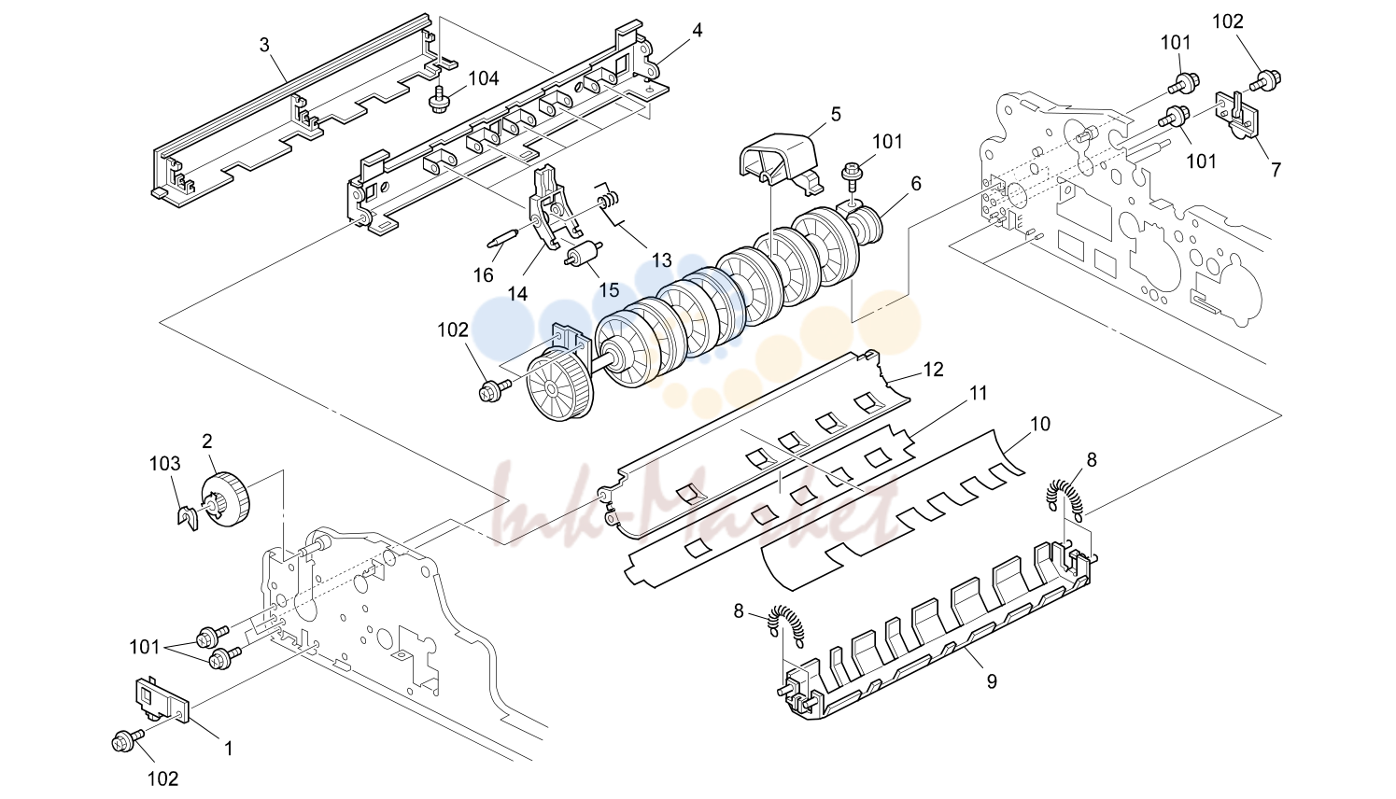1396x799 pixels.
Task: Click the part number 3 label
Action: pos(265,45)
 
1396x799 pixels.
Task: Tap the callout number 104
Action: pos(484,78)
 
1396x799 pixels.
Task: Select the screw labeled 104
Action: pos(440,100)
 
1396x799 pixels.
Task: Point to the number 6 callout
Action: pos(915,183)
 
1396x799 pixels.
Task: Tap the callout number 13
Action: pos(661,259)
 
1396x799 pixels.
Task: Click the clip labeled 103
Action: pos(187,517)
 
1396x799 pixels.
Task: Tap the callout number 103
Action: pos(164,464)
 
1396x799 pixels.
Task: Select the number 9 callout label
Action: pos(992,682)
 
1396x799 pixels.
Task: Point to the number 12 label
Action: pos(933,370)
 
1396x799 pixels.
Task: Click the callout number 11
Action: pos(979,394)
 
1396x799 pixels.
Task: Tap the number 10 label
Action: pos(1040,424)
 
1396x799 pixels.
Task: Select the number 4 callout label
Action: pos(698,30)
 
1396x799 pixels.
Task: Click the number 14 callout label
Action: pos(517,294)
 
